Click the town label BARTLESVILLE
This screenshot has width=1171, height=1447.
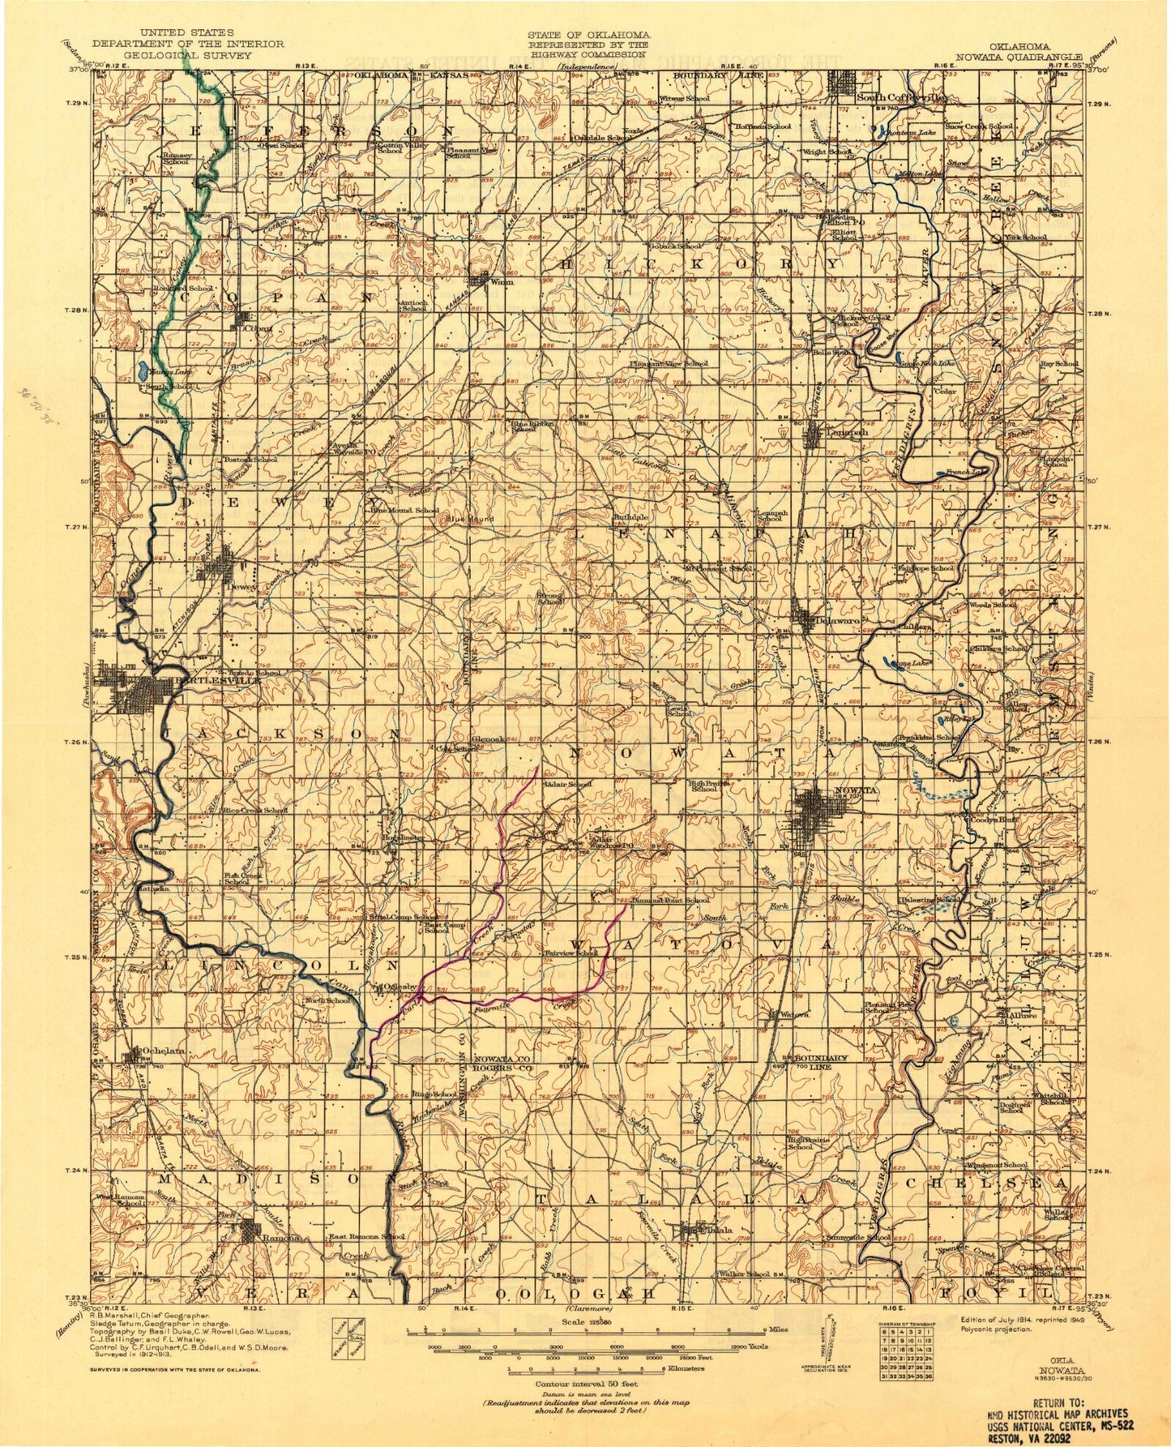(x=212, y=681)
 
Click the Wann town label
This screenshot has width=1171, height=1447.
(x=502, y=282)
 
